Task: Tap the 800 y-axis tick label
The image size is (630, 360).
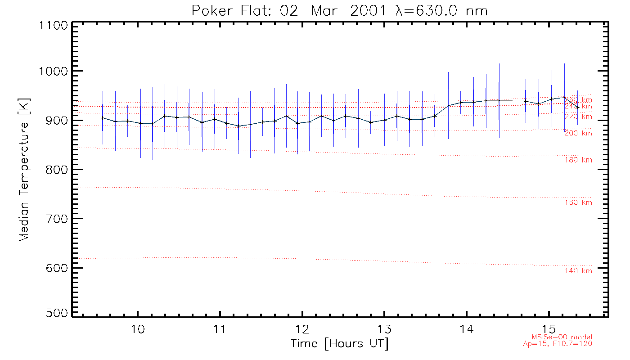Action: click(x=55, y=169)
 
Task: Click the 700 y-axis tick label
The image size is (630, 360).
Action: click(x=55, y=219)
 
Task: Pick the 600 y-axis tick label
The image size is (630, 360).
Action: click(x=55, y=268)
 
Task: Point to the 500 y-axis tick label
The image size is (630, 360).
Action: click(x=55, y=314)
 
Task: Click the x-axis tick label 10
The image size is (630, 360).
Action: click(x=138, y=329)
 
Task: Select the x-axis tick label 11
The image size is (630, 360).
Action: click(x=220, y=329)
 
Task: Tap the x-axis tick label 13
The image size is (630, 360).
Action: click(x=384, y=329)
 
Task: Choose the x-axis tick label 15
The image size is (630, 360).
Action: click(x=549, y=329)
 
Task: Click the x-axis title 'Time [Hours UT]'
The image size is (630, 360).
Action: click(x=339, y=344)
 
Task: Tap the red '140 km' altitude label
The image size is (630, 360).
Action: click(x=578, y=270)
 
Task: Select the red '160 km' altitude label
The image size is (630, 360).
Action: click(x=578, y=202)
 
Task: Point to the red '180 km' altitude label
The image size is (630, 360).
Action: click(x=578, y=160)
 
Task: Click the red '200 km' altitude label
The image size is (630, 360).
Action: click(x=578, y=133)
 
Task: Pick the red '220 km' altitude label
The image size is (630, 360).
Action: click(x=578, y=117)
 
